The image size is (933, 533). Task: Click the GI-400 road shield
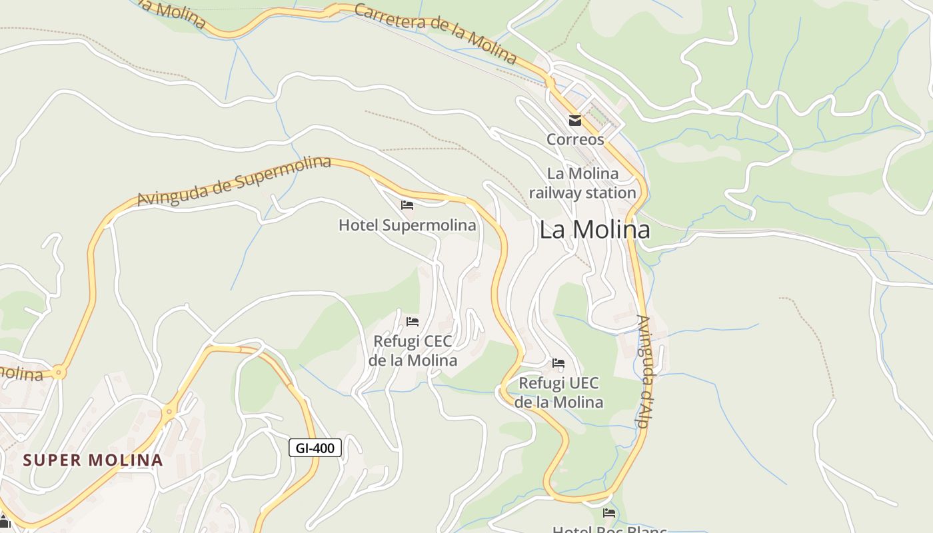click(x=315, y=448)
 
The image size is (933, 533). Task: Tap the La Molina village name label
click(x=594, y=230)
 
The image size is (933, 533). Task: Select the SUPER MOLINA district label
click(x=93, y=460)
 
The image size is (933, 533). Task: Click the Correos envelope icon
click(x=574, y=121)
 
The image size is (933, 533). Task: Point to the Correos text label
click(x=575, y=139)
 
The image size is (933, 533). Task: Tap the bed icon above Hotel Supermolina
click(x=407, y=205)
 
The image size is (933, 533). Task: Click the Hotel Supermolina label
click(x=407, y=225)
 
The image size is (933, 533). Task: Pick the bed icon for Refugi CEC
click(x=413, y=322)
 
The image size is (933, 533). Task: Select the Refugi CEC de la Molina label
click(x=413, y=350)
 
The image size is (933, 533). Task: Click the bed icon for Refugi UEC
click(x=558, y=363)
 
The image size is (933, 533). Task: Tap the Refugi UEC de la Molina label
click(x=558, y=392)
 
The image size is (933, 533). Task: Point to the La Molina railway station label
click(x=582, y=183)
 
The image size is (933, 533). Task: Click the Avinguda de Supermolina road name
click(x=234, y=181)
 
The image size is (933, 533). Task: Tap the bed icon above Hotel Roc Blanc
click(x=609, y=513)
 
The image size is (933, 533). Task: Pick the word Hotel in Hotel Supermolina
click(x=359, y=225)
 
